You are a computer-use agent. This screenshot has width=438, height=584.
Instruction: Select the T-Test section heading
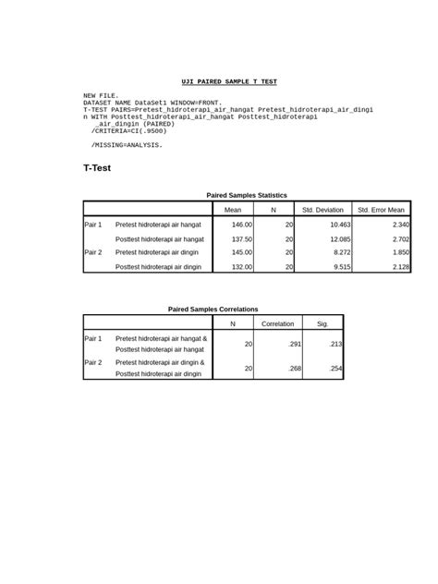point(96,168)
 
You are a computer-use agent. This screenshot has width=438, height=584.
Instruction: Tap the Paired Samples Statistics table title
point(247,195)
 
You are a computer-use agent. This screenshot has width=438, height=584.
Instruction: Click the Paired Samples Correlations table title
point(213,309)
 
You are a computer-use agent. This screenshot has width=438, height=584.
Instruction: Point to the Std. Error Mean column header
point(382,210)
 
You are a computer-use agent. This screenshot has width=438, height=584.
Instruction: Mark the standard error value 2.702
point(400,238)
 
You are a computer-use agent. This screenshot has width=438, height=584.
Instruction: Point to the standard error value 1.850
point(400,251)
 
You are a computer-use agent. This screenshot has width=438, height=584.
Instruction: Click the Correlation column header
point(277,323)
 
